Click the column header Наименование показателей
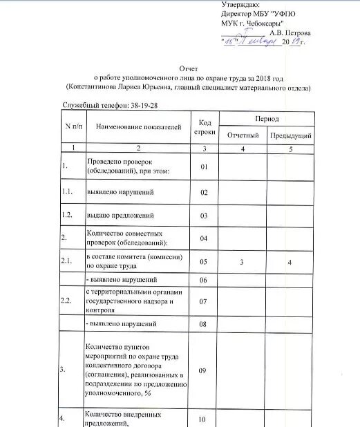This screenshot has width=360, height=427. pyautogui.click(x=138, y=127)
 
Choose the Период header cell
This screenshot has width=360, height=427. pyautogui.click(x=266, y=120)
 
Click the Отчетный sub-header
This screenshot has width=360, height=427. pyautogui.click(x=243, y=135)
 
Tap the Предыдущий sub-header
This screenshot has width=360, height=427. pyautogui.click(x=290, y=135)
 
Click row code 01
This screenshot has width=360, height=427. pyautogui.click(x=204, y=167)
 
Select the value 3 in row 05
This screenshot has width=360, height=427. pyautogui.click(x=243, y=262)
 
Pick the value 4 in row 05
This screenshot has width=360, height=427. pyautogui.click(x=290, y=262)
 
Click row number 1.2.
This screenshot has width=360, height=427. pyautogui.click(x=67, y=216)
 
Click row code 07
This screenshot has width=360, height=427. pyautogui.click(x=204, y=301)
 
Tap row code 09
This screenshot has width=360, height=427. pyautogui.click(x=204, y=370)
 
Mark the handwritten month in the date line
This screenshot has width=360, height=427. pyautogui.click(x=258, y=41)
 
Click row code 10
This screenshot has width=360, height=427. pyautogui.click(x=204, y=419)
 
